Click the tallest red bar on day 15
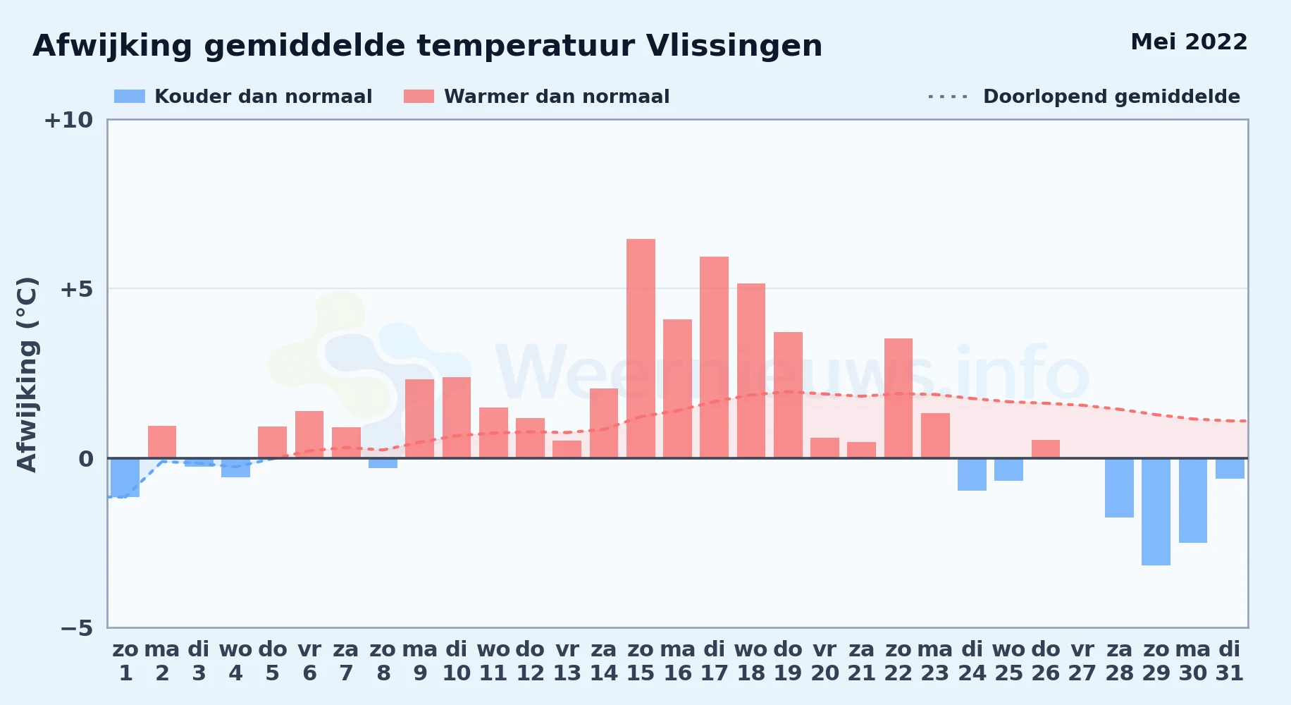tap(641, 348)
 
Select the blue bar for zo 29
tap(1156, 512)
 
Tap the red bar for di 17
tap(714, 357)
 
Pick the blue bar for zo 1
tap(125, 477)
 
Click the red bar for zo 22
tap(898, 398)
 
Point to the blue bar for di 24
tap(972, 474)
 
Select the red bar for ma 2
tap(162, 442)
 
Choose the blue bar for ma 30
tap(1193, 501)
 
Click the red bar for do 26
tap(1046, 449)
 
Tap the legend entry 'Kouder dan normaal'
tap(243, 97)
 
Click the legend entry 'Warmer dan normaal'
tap(536, 97)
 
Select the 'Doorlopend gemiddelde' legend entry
tap(1085, 97)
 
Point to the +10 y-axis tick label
tap(68, 120)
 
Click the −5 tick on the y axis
tap(77, 627)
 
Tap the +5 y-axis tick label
tap(76, 289)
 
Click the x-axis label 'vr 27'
tap(1082, 661)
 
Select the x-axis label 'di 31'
tap(1230, 661)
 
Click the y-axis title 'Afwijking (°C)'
tap(27, 374)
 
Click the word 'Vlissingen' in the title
tap(734, 47)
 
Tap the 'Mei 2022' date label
tap(1189, 42)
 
